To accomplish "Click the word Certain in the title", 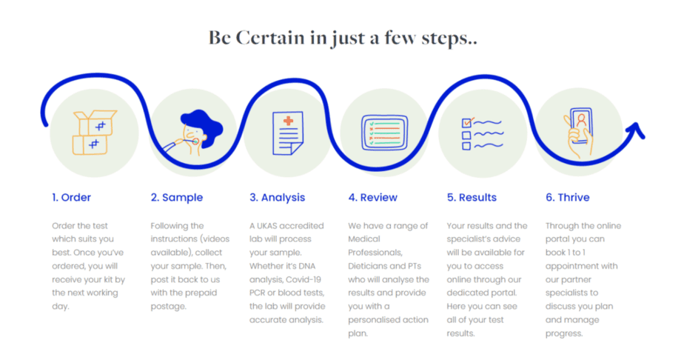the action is pos(270,38).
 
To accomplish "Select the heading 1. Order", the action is pos(72,197).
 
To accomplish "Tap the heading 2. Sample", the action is pos(177,198).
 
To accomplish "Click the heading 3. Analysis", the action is pos(277,198).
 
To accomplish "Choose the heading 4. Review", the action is pos(372,197).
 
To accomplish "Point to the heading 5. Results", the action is pos(472,197).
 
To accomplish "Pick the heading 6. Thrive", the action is pos(568,197).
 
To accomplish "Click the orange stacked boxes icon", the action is pos(94,133).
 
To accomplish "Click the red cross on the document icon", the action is pos(289,121).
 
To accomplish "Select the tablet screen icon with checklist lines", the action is pos(384,133).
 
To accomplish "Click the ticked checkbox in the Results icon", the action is pos(467,123).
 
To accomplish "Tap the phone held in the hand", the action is pos(581,124).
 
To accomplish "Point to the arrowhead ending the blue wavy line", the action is pos(637,130).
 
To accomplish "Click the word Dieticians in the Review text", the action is pos(365,266).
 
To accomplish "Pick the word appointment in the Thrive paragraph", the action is pos(582,266).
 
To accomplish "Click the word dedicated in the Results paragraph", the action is pos(465,293).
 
